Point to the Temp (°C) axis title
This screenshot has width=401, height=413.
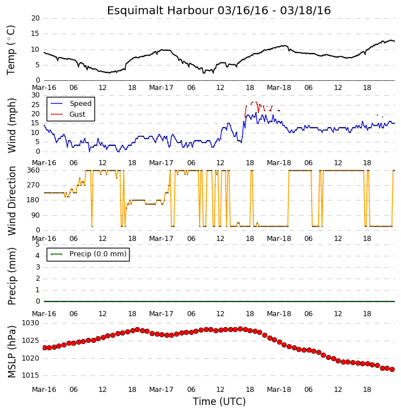pyautogui.click(x=11, y=50)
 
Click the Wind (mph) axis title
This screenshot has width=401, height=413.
pyautogui.click(x=11, y=125)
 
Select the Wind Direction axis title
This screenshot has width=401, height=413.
pyautogui.click(x=12, y=201)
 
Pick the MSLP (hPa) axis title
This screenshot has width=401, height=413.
pyautogui.click(x=12, y=351)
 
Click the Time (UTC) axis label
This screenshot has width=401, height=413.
pyautogui.click(x=219, y=402)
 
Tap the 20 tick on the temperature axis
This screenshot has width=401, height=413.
pyautogui.click(x=35, y=18)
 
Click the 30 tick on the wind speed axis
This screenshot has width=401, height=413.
pyautogui.click(x=35, y=95)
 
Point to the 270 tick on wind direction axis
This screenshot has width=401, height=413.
pyautogui.click(x=34, y=185)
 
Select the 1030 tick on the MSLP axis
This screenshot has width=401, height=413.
pyautogui.click(x=30, y=323)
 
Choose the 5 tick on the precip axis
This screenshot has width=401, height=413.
pyautogui.click(x=38, y=244)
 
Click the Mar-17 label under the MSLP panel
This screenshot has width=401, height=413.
pyautogui.click(x=161, y=390)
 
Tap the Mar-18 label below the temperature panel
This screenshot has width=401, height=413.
pyautogui.click(x=279, y=88)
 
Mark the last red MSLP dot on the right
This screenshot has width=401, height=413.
pyautogui.click(x=392, y=370)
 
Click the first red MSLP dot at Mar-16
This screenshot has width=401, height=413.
pyautogui.click(x=44, y=348)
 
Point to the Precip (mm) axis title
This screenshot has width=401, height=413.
pyautogui.click(x=12, y=276)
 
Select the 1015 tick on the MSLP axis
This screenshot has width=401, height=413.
pyautogui.click(x=30, y=375)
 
